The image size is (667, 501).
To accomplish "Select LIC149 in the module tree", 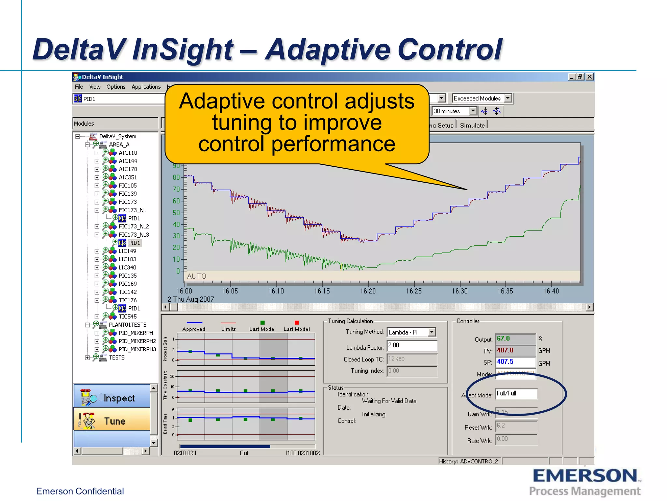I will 127,251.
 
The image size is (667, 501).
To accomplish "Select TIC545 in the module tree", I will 128,316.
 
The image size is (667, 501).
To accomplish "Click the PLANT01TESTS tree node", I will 128,325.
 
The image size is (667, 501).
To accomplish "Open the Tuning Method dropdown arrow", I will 432,332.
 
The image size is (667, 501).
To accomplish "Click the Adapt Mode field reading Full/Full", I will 516,394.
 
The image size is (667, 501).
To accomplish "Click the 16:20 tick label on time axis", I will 368,291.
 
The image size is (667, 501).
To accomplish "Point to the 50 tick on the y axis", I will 176,213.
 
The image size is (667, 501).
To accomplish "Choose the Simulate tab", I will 472,125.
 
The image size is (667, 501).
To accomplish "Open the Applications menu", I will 146,87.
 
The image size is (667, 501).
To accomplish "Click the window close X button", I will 590,77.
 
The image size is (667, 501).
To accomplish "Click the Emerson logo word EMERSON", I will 585,476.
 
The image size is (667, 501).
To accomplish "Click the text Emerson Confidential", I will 80,491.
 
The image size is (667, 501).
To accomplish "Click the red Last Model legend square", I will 297,323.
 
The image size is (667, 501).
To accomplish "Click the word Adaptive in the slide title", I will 327,50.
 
